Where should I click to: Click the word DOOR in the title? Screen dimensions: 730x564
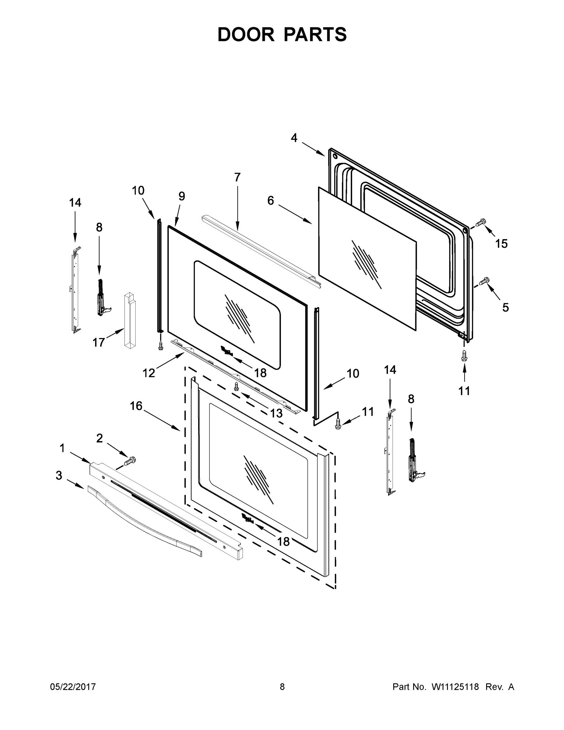[x=246, y=34]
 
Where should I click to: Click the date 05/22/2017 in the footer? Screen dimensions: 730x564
[x=73, y=687]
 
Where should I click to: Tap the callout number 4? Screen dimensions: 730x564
[x=294, y=138]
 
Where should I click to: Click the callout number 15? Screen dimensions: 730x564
[x=501, y=244]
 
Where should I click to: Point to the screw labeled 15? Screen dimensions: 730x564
[x=480, y=222]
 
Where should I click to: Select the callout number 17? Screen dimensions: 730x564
[x=99, y=342]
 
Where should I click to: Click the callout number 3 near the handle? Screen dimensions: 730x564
[x=59, y=475]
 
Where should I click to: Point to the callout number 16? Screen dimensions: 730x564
[x=136, y=406]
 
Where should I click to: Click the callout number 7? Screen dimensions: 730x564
[x=237, y=177]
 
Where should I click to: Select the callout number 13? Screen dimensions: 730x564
[x=276, y=413]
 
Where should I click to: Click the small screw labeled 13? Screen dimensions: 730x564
[x=236, y=386]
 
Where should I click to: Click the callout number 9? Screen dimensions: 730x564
[x=182, y=196]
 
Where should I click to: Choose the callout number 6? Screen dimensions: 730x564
[x=270, y=200]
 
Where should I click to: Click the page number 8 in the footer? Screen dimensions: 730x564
[x=282, y=687]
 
